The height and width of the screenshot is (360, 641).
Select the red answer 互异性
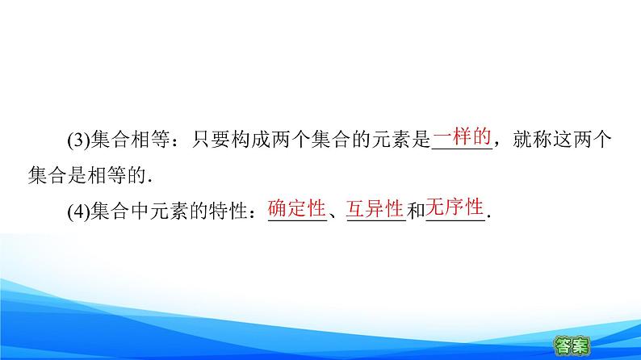point(375,209)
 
